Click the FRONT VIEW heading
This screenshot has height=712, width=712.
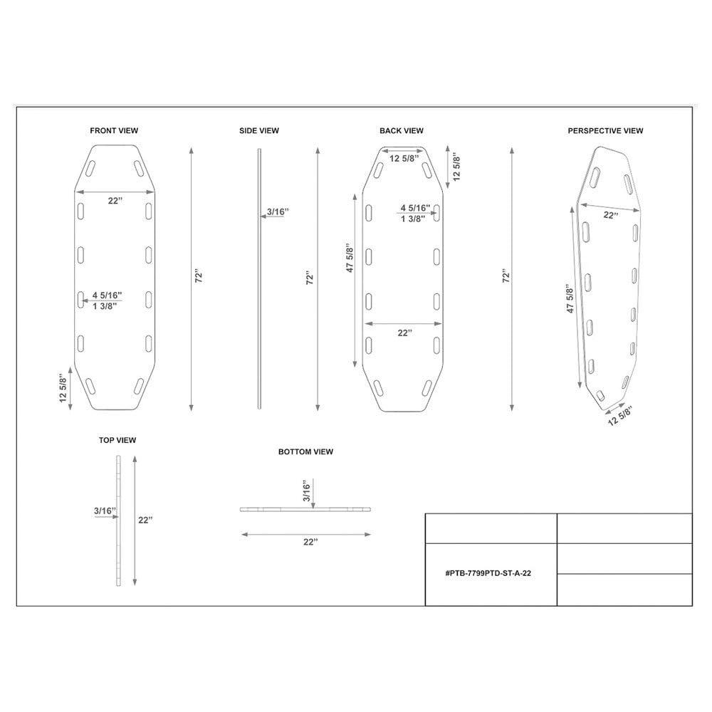point(114,131)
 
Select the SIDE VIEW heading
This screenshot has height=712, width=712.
point(259,131)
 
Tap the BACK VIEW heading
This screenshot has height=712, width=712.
point(402,131)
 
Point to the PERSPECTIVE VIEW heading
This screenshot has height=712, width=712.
point(605,131)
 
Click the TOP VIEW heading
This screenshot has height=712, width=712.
point(117,441)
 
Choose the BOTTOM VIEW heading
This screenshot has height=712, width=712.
point(306,452)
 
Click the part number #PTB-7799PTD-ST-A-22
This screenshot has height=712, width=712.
point(488,573)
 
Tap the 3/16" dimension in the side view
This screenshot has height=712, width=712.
point(278,211)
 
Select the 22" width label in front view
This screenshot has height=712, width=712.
point(115,201)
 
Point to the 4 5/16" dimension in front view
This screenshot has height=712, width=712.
point(108,295)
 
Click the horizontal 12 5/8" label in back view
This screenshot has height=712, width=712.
point(404,158)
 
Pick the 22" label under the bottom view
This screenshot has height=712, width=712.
point(310,542)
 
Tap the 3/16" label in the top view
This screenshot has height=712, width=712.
point(104,511)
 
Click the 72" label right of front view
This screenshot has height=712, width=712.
point(199,277)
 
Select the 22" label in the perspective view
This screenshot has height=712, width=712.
point(611,214)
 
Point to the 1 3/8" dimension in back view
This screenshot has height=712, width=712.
point(413,219)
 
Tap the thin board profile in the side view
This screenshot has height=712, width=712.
point(260,278)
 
